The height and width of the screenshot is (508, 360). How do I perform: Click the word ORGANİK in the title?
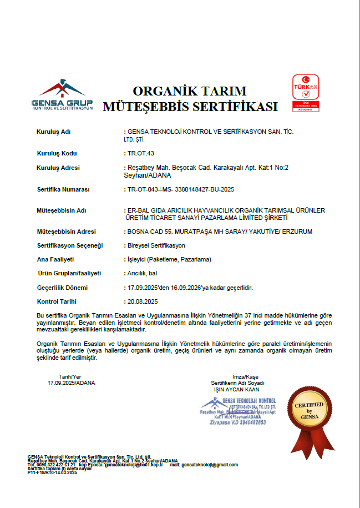pos(165,91)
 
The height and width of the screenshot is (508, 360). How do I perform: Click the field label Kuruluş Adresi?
pos(58,168)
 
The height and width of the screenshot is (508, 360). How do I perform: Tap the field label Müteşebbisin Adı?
pos(61,211)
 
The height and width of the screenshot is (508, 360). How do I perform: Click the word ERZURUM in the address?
pos(297,231)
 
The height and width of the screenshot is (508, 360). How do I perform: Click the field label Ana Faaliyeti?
pos(55,259)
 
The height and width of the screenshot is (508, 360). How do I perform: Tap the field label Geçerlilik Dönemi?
pos(62,288)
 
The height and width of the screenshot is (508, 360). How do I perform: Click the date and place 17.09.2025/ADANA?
pos(72,383)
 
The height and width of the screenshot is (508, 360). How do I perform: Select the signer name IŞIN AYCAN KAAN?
pos(237,389)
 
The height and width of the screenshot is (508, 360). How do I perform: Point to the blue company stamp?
pos(239,411)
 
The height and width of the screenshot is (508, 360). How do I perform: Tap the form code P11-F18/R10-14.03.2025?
pos(52,472)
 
